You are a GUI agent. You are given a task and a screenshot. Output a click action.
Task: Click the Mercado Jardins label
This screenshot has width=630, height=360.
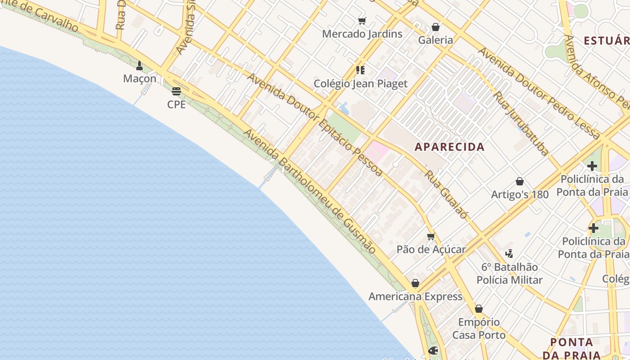click(x=362, y=34)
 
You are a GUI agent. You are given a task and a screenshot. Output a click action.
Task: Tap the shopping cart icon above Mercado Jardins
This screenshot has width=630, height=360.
click(x=362, y=21)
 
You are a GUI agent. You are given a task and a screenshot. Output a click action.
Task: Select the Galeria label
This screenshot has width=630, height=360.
click(x=436, y=40)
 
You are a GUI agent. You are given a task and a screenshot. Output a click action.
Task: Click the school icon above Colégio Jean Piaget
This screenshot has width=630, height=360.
click(x=360, y=70)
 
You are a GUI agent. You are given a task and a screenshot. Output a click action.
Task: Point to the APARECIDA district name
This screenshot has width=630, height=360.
click(x=450, y=147)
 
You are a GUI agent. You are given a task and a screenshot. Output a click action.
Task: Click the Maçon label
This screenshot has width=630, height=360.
click(x=139, y=79)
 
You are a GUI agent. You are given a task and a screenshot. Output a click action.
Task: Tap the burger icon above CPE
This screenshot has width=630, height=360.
click(x=176, y=91)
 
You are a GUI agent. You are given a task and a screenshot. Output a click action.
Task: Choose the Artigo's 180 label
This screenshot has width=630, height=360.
click(x=520, y=194)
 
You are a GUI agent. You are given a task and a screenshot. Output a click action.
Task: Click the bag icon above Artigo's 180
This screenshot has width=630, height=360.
click(x=520, y=181)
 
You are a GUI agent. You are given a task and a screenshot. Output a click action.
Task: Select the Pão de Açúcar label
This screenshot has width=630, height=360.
click(x=431, y=249)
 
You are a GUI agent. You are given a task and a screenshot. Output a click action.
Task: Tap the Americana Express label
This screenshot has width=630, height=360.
click(x=415, y=297)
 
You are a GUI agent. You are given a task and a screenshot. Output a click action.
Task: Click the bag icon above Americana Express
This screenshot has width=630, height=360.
click(x=415, y=283)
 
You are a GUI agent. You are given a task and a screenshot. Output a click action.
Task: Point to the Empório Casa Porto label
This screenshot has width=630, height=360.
click(x=479, y=328)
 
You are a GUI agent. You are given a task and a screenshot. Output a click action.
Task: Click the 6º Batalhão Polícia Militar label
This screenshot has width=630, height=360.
click(x=509, y=274)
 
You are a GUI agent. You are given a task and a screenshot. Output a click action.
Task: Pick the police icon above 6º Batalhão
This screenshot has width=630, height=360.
click(x=509, y=254)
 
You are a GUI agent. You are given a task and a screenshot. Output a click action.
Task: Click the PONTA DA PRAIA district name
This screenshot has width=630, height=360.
click(x=571, y=348)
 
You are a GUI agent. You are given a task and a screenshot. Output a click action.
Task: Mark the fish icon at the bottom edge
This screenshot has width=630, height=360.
click(x=433, y=350)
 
